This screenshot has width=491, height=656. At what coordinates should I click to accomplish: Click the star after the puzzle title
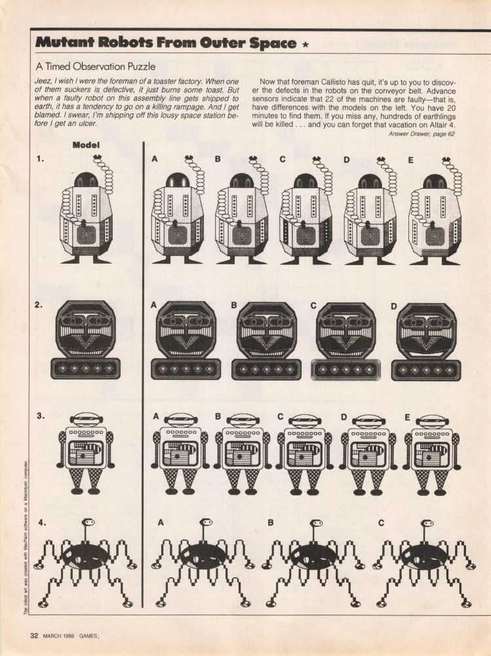(305, 45)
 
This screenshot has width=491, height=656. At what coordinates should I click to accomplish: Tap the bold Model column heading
(86, 145)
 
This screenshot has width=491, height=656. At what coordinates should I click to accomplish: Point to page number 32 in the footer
(34, 636)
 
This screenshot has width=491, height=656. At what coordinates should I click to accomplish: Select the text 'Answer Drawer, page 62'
(422, 134)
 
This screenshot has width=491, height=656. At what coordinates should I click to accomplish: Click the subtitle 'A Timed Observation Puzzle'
(95, 66)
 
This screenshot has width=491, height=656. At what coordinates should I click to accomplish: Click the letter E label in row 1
(410, 160)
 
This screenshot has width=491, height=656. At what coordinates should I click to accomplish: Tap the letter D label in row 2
(393, 306)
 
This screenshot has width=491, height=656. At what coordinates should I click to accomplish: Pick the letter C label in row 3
(280, 417)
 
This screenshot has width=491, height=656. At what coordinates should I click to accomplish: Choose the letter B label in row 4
(271, 523)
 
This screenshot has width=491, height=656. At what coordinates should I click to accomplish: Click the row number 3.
(40, 416)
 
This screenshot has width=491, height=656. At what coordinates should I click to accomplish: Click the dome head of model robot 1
(86, 180)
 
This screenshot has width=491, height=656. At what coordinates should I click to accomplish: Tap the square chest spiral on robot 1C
(305, 236)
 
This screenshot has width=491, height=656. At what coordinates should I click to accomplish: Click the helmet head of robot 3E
(433, 420)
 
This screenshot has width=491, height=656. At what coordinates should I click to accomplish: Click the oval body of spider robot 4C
(423, 556)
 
